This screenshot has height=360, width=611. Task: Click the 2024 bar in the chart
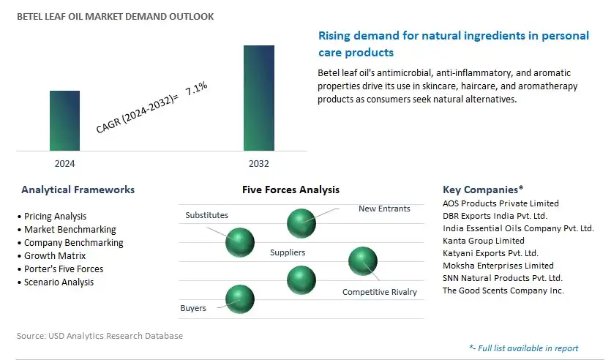[64, 121]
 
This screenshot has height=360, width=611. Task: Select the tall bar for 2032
[259, 98]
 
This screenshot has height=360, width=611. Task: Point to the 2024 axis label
[64, 164]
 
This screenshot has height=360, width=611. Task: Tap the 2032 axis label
[259, 164]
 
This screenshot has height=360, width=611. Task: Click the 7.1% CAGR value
[196, 89]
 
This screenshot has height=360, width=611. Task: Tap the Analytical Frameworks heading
[78, 190]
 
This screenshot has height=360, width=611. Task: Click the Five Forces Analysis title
[290, 190]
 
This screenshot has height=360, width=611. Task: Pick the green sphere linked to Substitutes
[240, 242]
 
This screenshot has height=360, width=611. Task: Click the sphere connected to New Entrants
[301, 223]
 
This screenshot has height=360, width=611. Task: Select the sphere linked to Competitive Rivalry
[363, 261]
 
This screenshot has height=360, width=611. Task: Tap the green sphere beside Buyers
[240, 299]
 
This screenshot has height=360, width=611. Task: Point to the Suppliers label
[288, 252]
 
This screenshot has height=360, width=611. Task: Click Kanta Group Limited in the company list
[484, 241]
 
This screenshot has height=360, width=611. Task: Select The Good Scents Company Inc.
[503, 290]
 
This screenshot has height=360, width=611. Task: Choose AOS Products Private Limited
[501, 203]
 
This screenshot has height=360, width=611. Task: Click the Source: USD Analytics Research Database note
[100, 336]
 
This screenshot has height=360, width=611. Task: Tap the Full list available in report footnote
[524, 348]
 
